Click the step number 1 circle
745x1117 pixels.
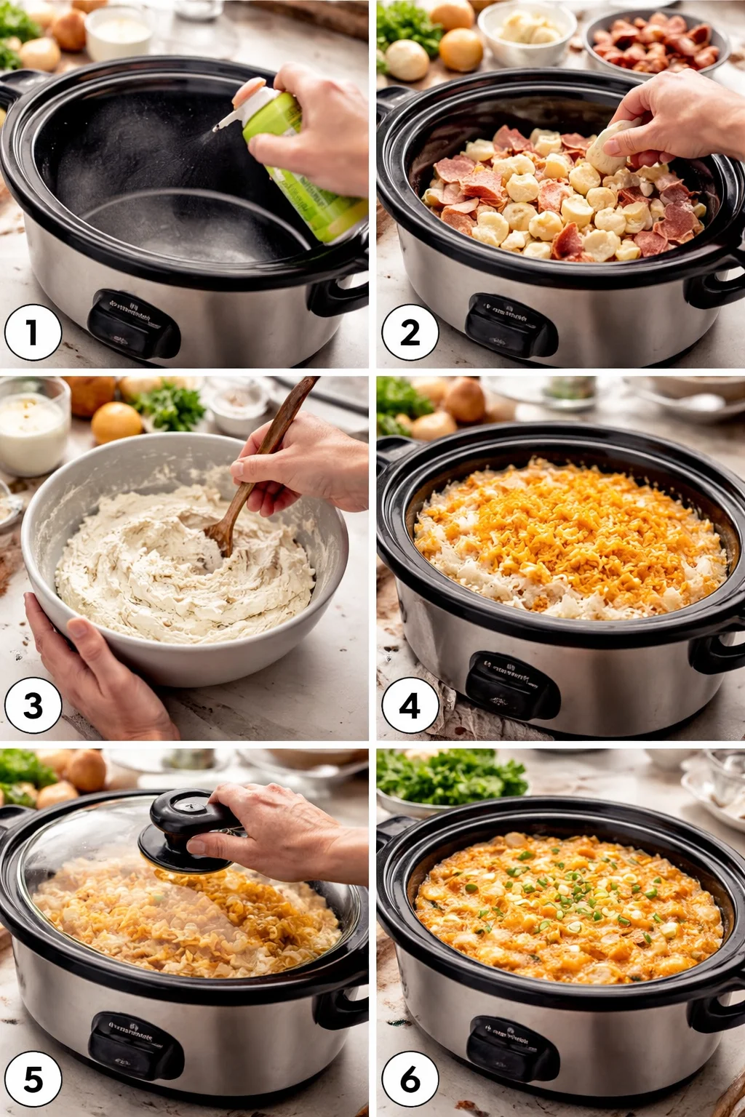click(33, 332)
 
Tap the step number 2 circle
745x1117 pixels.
click(410, 332)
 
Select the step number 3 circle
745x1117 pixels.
click(33, 705)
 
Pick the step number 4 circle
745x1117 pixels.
click(410, 705)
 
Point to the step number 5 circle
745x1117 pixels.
click(33, 1079)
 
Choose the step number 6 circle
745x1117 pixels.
click(410, 1079)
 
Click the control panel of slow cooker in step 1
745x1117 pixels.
click(133, 324)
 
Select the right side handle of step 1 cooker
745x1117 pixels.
click(342, 291)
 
